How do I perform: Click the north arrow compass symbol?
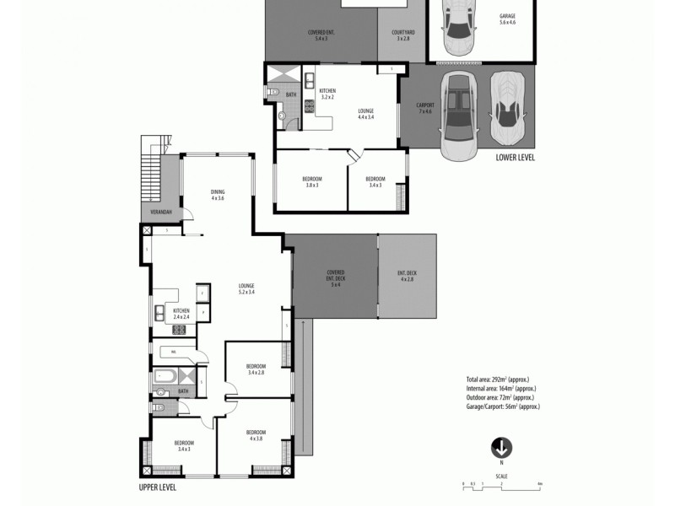tap(502, 448)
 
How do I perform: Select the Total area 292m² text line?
tap(498, 379)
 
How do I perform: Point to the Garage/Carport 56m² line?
tap(503, 406)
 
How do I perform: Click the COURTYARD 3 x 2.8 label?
tap(401, 36)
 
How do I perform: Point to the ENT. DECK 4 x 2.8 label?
tap(407, 275)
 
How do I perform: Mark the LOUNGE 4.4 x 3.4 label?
tap(365, 114)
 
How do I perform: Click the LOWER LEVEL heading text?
tap(515, 158)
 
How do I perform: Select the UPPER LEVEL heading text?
tap(158, 487)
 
